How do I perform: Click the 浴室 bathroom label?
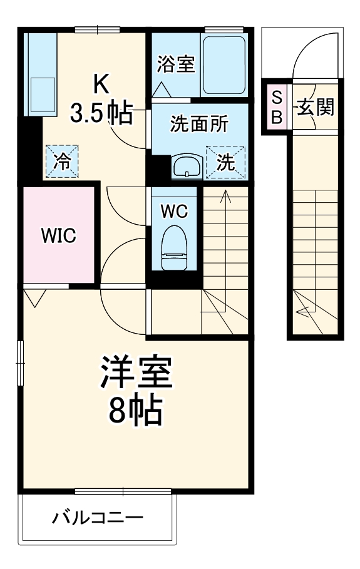pyautogui.click(x=176, y=64)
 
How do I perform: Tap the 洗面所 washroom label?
pyautogui.click(x=199, y=123)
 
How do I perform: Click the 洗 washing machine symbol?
pyautogui.click(x=225, y=162)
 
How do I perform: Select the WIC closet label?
pyautogui.click(x=58, y=235)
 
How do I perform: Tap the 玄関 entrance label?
pyautogui.click(x=315, y=107)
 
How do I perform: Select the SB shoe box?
pyautogui.click(x=277, y=106)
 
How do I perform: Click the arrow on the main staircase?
pyautogui.click(x=225, y=195)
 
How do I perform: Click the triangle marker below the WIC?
pyautogui.click(x=36, y=297)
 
